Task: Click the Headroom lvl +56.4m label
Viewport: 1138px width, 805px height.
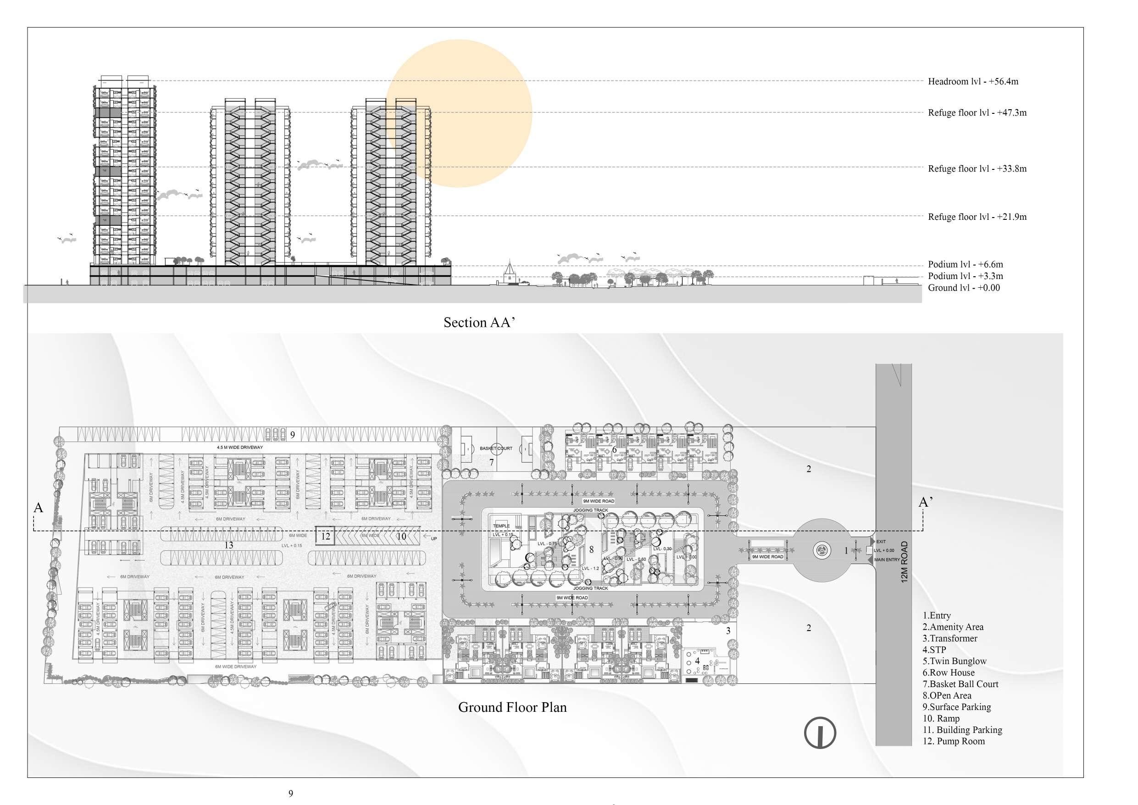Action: coord(972,81)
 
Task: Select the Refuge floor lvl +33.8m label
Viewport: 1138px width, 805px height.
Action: coord(977,168)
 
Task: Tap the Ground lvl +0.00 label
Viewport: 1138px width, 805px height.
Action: coord(963,288)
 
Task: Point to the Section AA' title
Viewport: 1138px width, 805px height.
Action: coord(479,322)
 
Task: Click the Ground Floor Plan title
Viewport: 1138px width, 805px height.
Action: coord(512,707)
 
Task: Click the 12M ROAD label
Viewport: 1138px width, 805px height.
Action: coord(904,561)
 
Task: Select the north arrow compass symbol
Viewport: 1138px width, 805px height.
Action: coord(820,733)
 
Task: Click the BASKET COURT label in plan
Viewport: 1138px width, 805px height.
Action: coord(496,448)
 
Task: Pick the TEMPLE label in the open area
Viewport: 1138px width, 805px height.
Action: coord(501,526)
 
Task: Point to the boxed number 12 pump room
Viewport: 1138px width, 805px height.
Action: coord(326,536)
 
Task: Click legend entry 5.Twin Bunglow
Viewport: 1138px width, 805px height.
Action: coord(954,661)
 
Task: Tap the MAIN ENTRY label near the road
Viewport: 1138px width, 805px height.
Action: coord(887,559)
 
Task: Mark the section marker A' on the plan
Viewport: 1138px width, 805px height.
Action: coord(925,502)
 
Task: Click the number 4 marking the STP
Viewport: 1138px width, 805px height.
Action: coord(697,661)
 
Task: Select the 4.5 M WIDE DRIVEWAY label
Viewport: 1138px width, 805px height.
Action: coord(239,447)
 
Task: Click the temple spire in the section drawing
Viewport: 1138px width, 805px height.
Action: coord(509,268)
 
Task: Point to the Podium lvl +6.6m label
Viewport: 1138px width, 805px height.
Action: coord(965,264)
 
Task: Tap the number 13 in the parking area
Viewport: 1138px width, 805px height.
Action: coord(228,545)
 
